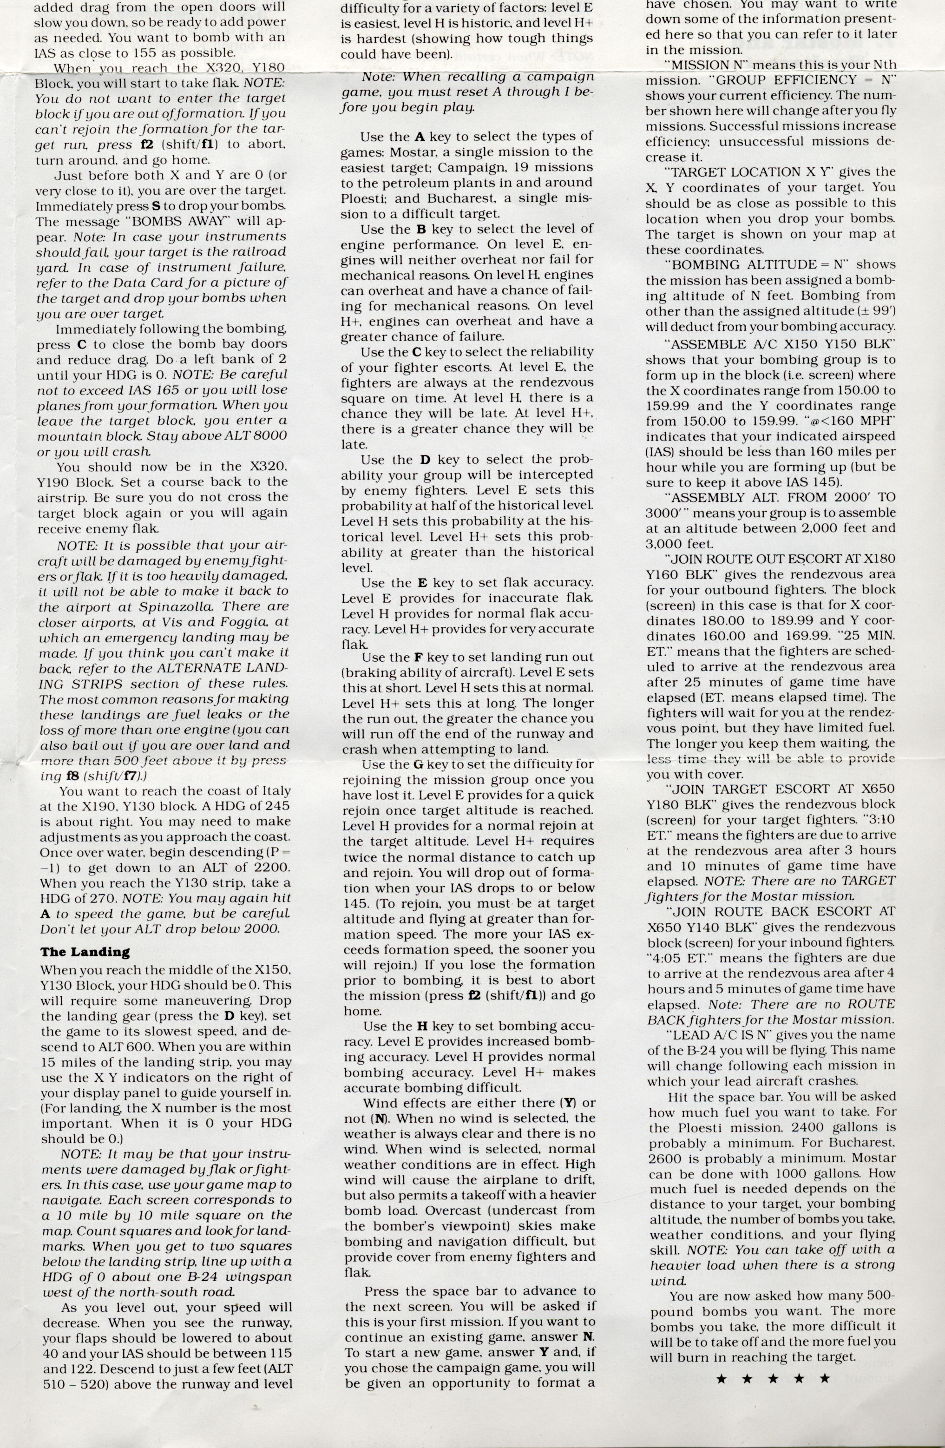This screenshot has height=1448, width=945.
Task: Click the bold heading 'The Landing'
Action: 85,952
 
